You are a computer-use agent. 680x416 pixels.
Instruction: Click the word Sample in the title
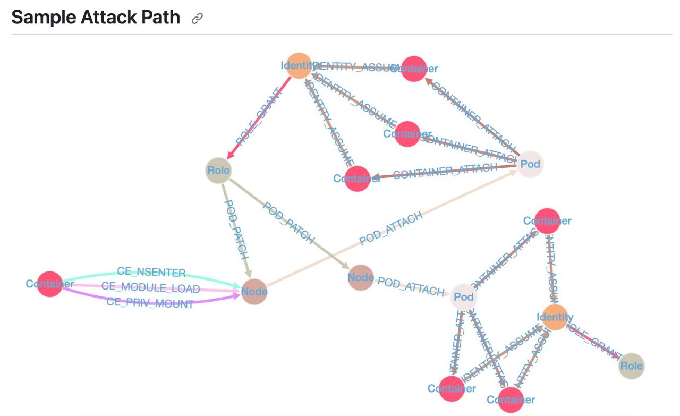[x=44, y=17]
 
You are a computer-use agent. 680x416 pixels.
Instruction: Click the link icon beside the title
[x=198, y=19]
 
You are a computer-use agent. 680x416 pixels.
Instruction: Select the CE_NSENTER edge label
[x=151, y=272]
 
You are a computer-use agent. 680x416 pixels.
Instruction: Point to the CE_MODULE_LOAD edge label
[x=150, y=288]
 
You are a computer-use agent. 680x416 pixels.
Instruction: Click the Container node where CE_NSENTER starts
[x=50, y=284]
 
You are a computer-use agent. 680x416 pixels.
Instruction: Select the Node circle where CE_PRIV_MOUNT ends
[x=254, y=292]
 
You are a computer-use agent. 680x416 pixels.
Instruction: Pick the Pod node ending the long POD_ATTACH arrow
[x=530, y=164]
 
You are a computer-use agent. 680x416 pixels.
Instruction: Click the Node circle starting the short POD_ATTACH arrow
[x=361, y=277]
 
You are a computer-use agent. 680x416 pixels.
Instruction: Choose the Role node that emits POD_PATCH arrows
[x=218, y=171]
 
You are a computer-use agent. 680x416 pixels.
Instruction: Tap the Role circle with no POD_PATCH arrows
[x=631, y=366]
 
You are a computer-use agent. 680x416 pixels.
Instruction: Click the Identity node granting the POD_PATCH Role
[x=299, y=66]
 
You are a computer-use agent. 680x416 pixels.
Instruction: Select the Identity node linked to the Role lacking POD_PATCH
[x=555, y=317]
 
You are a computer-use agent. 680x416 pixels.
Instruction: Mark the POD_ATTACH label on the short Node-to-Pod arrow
[x=411, y=287]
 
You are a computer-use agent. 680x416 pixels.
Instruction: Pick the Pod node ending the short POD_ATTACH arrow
[x=464, y=298]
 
